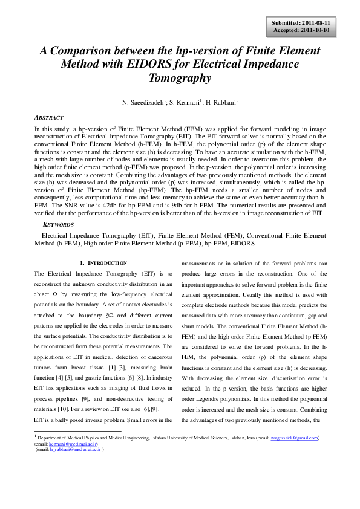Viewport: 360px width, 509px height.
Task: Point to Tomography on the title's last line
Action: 180,78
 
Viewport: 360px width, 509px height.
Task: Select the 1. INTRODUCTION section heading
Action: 103,263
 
